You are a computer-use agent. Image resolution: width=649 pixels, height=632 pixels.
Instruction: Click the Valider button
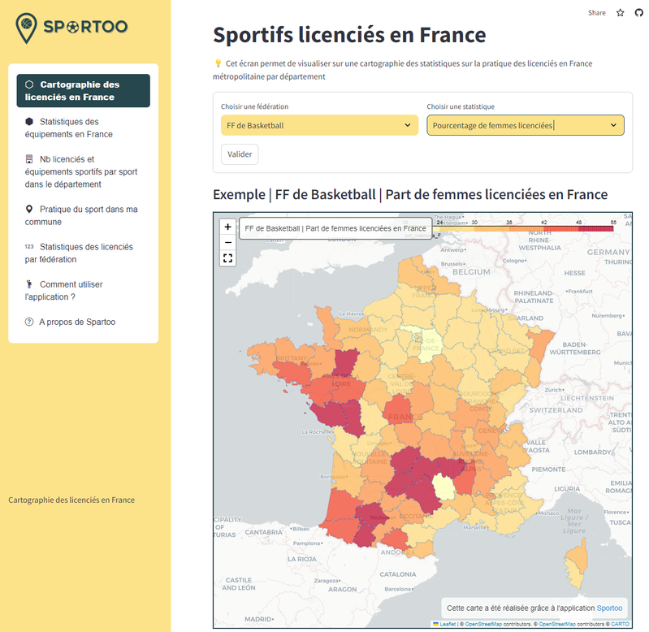(x=240, y=154)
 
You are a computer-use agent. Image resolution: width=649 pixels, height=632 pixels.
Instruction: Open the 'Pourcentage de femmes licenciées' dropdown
(x=525, y=125)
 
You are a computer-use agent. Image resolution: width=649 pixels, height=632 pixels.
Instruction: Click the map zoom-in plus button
(x=228, y=227)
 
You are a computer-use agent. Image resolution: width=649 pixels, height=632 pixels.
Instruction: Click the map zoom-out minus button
(x=228, y=242)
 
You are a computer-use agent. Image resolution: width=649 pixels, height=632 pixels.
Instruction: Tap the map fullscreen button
(x=228, y=258)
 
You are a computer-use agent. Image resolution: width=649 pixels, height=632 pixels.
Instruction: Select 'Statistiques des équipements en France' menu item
(x=76, y=128)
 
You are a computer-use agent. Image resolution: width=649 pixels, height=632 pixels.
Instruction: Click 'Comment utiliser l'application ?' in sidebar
(x=71, y=290)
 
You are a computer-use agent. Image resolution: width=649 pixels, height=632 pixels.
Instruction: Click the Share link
(x=597, y=13)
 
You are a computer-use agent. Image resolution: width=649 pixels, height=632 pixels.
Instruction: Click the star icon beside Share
(x=621, y=13)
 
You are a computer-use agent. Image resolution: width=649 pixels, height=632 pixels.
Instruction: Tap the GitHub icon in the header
(x=638, y=13)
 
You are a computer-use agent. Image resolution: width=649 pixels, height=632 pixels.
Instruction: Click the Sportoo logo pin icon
(x=27, y=28)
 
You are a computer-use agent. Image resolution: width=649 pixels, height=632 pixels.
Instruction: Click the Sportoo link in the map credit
(x=609, y=608)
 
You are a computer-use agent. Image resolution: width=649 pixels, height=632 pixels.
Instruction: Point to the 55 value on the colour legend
(x=613, y=222)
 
